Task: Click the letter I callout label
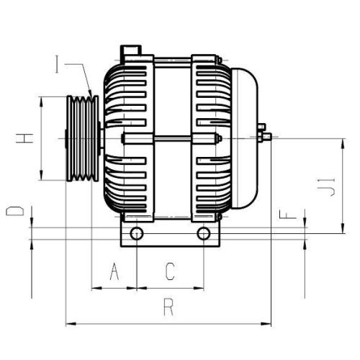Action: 58,66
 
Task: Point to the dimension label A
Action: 114,271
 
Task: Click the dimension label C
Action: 170,271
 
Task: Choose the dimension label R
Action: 168,308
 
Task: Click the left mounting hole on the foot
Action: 136,233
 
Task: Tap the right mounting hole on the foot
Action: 204,233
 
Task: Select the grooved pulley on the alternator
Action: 81,140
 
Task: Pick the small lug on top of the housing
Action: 130,52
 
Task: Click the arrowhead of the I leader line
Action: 90,92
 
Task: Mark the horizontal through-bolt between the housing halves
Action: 169,137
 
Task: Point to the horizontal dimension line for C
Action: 170,288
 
